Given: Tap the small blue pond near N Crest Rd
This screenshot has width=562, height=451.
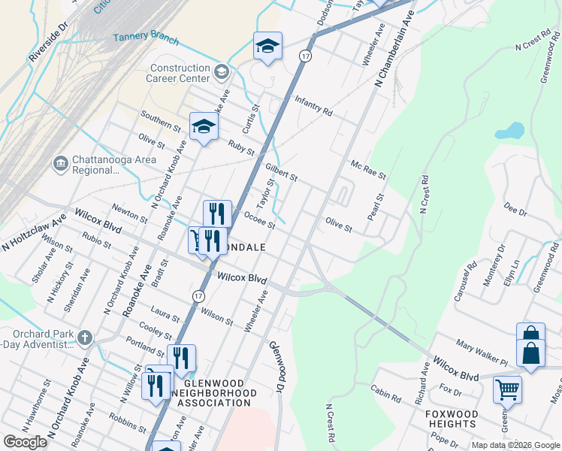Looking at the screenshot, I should (x=509, y=131).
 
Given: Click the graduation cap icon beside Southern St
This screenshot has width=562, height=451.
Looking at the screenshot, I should (x=204, y=126).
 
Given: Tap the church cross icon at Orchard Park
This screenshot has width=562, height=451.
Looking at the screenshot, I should (x=84, y=337).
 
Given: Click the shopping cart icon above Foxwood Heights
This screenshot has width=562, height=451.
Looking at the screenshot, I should (x=507, y=389).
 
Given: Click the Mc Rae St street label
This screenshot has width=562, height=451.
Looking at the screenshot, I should (x=367, y=169).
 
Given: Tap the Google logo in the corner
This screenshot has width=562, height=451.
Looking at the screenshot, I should (x=25, y=442).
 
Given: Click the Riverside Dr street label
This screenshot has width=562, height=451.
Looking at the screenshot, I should (x=47, y=45).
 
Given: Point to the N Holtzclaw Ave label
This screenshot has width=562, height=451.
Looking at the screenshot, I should (x=34, y=232).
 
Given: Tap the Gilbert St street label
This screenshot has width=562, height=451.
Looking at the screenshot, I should (x=281, y=172).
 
